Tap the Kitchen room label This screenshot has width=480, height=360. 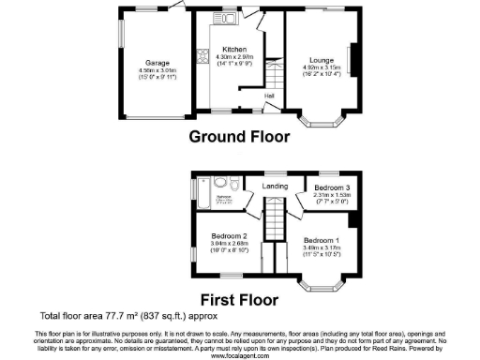(x=233, y=49)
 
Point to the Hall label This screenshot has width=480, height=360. (x=269, y=96)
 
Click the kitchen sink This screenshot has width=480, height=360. (x=228, y=18)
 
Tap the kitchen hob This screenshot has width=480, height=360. (x=202, y=56)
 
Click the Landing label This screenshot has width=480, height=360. (x=275, y=187)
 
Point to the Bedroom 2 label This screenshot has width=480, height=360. (x=229, y=235)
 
